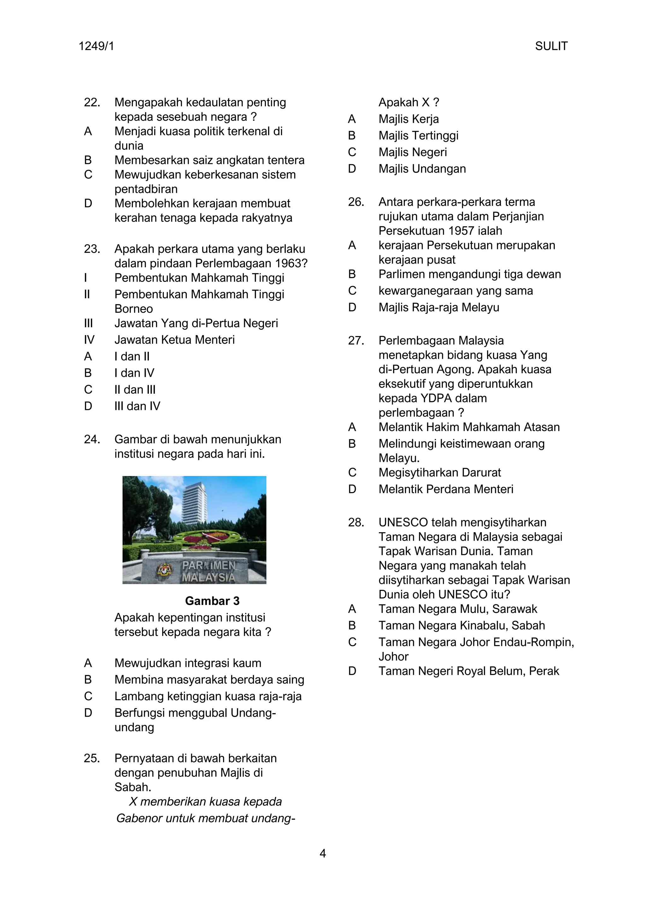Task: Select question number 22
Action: [92, 102]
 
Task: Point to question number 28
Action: [356, 522]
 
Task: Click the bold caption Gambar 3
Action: [212, 601]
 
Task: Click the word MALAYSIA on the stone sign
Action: [208, 577]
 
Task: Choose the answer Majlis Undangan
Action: [422, 169]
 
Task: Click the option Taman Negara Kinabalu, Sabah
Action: [461, 625]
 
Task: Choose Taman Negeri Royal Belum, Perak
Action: [469, 671]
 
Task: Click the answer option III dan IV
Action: [137, 406]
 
